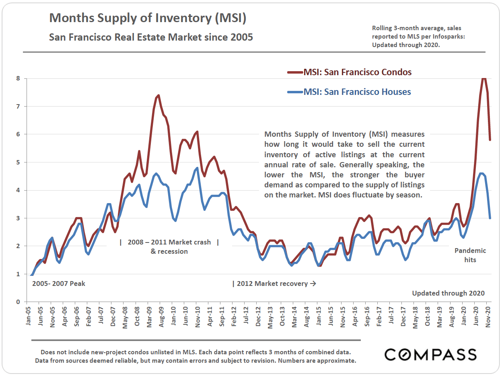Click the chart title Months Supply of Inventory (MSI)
(147, 18)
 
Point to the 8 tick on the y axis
(18, 78)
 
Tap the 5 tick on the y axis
(18, 162)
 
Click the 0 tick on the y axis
(18, 302)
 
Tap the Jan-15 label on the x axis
(318, 316)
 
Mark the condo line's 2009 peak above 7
(158, 95)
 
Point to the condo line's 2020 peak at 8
(484, 78)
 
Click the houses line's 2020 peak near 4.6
(481, 173)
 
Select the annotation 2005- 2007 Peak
(58, 284)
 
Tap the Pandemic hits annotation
(470, 255)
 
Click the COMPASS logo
(430, 354)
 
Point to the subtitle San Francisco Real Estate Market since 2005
(151, 37)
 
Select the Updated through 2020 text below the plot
(448, 293)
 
